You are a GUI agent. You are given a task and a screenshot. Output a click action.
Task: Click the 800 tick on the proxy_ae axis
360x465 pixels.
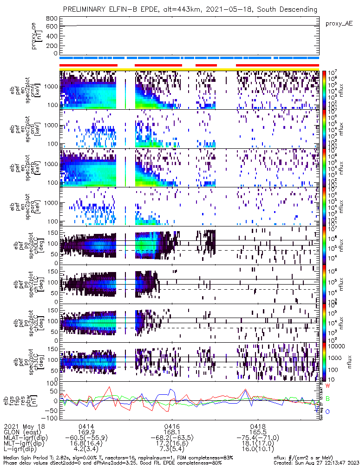coord(52,19)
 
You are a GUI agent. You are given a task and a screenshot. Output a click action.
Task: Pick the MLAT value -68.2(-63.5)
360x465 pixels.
coord(172,438)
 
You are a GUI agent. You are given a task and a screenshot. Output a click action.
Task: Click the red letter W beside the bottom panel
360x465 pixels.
coord(327,386)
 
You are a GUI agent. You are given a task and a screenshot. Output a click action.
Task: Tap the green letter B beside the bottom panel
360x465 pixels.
coord(327,399)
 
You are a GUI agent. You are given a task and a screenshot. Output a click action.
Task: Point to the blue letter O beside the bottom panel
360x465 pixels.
coord(327,412)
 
